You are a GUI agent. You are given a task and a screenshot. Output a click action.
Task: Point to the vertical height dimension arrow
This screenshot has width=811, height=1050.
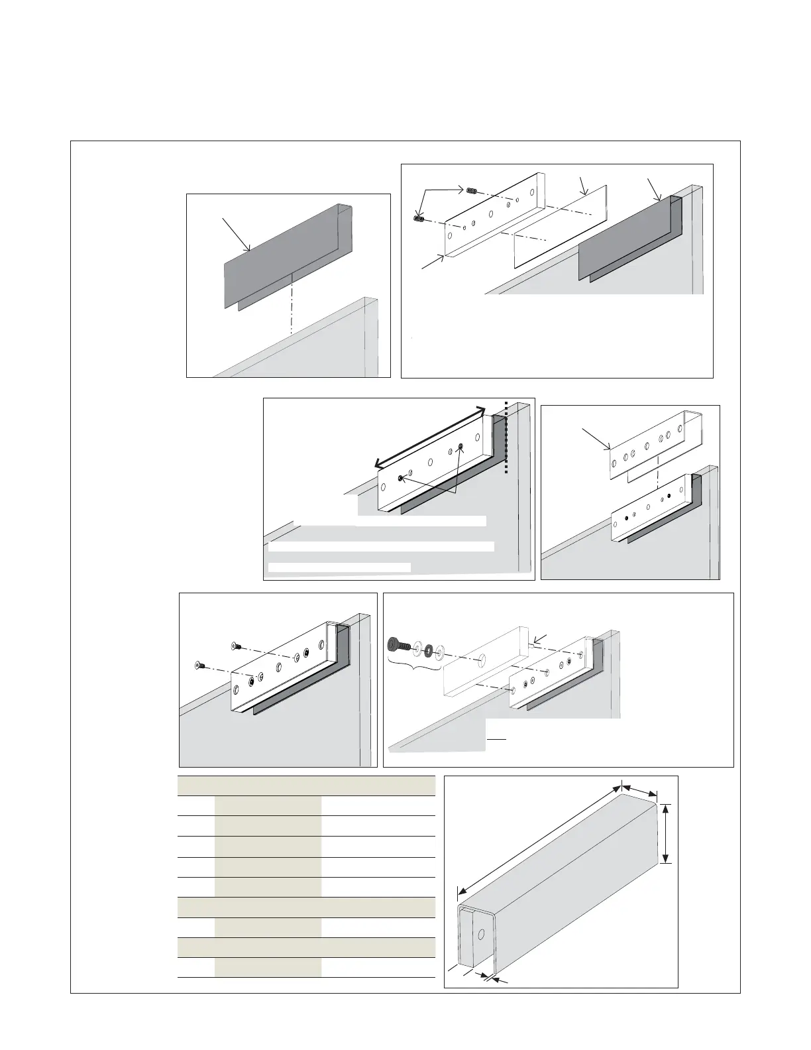(x=667, y=833)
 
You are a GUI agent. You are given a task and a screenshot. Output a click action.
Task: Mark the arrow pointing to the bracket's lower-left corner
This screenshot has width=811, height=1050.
(x=434, y=262)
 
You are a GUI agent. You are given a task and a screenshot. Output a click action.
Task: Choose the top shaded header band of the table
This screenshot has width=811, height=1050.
(x=306, y=786)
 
